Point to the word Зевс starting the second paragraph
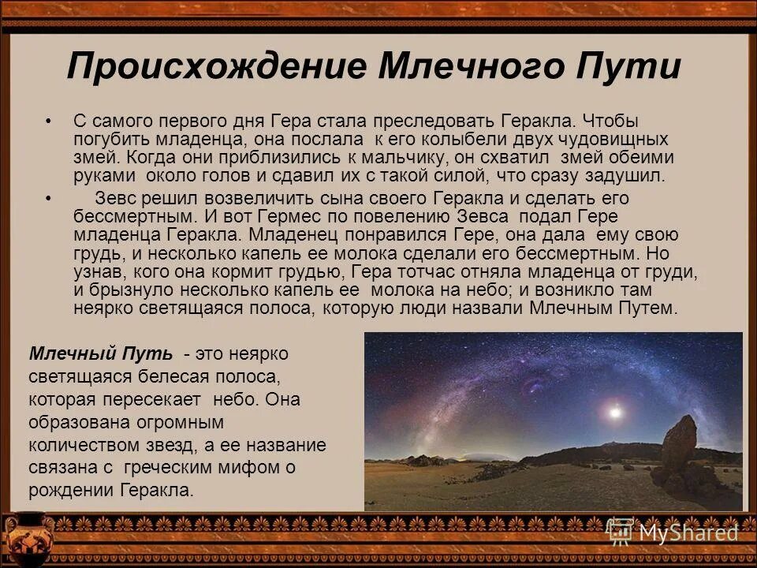coord(117,199)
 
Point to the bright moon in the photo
coord(614,412)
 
